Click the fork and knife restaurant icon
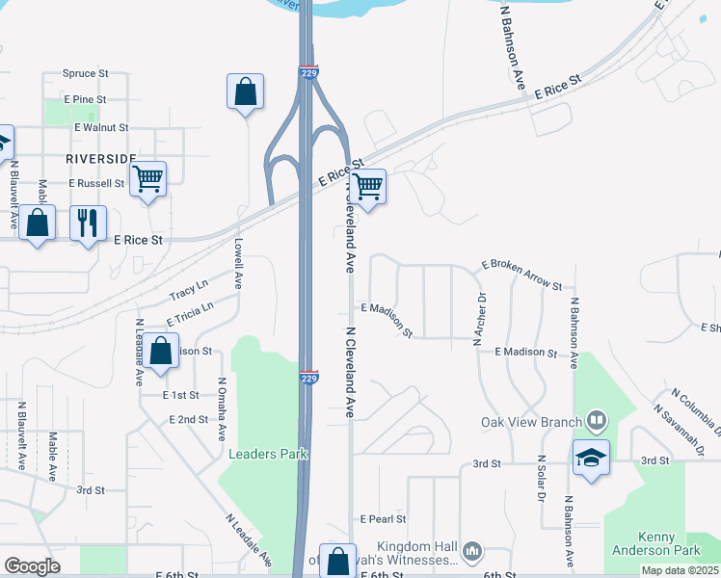88,223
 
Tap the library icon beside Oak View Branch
597,421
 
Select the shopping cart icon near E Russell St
147,178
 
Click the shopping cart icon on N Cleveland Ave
367,186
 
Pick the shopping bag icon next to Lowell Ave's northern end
246,92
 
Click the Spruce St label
86,72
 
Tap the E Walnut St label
101,127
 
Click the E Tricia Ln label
189,311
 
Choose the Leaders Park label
266,454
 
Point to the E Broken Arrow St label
521,275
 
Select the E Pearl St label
384,518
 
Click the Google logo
32,566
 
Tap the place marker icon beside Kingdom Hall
472,551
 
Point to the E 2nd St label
188,420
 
